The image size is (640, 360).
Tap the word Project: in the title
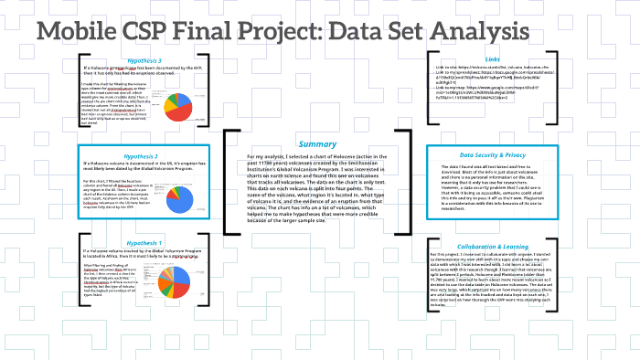(x=295, y=33)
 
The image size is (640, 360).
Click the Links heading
(x=518, y=59)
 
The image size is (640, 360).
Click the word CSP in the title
(x=165, y=33)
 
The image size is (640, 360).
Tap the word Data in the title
(x=369, y=33)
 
